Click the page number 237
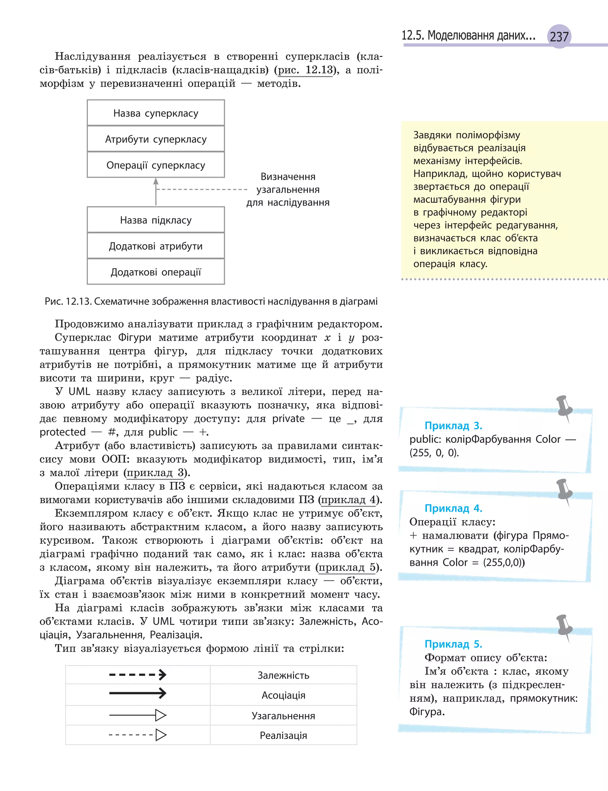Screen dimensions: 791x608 pos(559,37)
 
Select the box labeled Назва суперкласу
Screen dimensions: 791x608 pos(156,113)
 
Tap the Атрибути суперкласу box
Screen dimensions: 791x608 pos(156,139)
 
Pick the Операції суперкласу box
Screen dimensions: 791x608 pos(156,165)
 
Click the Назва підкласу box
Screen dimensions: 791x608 pos(156,220)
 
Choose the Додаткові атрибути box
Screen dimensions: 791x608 pos(156,246)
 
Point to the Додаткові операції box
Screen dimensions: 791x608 pos(156,272)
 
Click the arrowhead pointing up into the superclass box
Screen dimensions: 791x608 pos(156,181)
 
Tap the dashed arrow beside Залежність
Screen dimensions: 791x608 pos(137,675)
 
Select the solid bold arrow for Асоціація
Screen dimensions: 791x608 pos(137,693)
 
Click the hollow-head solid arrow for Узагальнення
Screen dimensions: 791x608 pos(137,715)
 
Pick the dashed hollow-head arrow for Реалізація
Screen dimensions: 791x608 pos(137,735)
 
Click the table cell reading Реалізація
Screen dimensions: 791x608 pos(284,735)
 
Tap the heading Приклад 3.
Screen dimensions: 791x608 pos(453,426)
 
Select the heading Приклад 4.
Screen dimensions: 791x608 pos(453,508)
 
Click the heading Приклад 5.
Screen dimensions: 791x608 pos(453,644)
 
